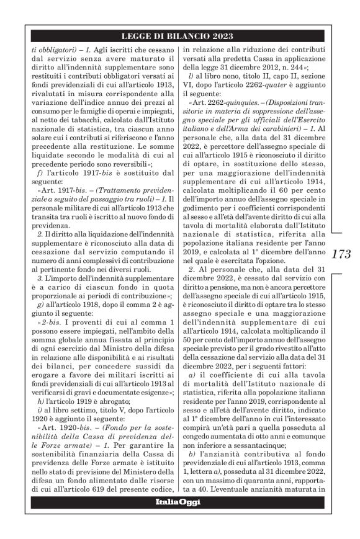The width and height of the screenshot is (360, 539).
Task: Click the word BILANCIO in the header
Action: click(x=187, y=35)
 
